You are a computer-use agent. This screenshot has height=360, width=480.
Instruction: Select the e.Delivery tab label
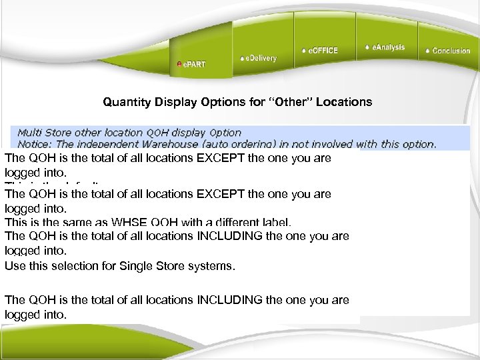260,58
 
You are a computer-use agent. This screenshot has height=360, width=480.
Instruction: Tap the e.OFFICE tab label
322,51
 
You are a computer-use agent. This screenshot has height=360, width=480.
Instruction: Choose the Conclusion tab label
451,51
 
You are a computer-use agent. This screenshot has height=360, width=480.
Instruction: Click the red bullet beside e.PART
179,65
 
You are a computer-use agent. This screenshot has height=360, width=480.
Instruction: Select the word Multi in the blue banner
29,132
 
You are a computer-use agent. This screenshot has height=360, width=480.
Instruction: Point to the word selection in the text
76,265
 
